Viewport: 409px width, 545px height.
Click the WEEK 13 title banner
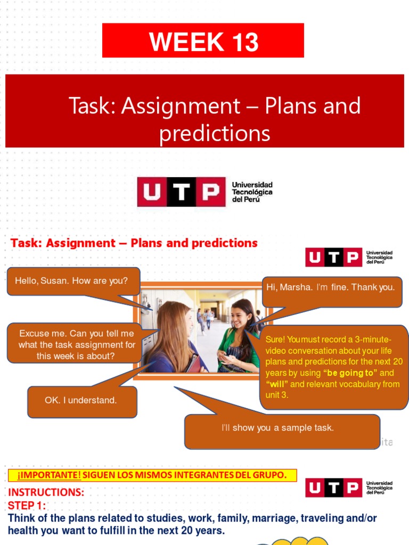(x=203, y=41)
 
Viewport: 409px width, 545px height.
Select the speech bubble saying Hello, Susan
(x=73, y=280)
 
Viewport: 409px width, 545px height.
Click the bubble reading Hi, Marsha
(x=331, y=287)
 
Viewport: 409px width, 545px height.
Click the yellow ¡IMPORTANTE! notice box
(x=152, y=475)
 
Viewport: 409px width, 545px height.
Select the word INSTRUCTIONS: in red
(x=46, y=492)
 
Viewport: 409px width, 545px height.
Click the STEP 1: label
(x=27, y=505)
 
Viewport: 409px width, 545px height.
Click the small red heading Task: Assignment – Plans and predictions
(x=134, y=243)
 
